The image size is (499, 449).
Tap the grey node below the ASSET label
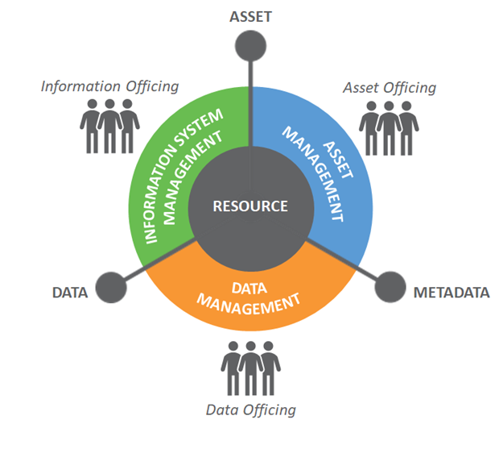pos(253,44)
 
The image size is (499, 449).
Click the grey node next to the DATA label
pos(109,287)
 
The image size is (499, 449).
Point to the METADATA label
pos(451,293)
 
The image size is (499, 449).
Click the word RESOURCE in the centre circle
pos(249,206)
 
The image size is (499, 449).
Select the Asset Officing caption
pos(390,87)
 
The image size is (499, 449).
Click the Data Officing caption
pos(250,410)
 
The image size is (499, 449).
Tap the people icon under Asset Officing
pos(390,127)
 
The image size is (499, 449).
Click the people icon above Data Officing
pos(250,368)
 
